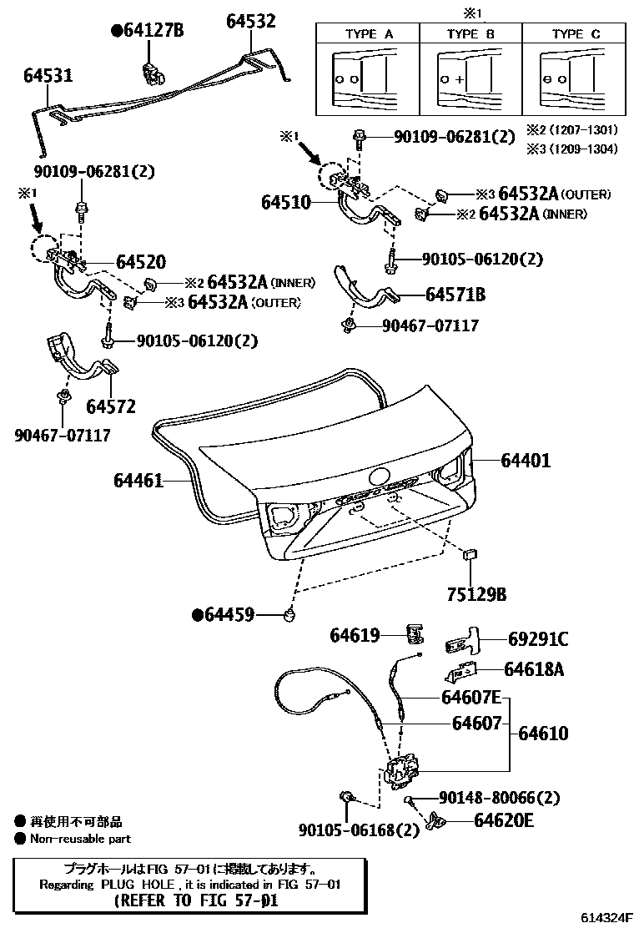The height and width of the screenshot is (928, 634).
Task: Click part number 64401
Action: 526,460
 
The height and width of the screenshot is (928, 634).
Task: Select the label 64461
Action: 138,481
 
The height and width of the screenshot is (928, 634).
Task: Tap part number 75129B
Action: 472,595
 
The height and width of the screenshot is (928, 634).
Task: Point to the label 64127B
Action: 148,32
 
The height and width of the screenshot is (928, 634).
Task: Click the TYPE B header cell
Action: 470,34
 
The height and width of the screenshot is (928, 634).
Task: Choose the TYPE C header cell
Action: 575,34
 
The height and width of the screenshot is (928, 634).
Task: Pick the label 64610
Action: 543,734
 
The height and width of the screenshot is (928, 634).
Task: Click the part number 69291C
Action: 538,640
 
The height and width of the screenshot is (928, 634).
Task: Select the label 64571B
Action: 455,295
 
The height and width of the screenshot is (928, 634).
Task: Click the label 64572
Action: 110,406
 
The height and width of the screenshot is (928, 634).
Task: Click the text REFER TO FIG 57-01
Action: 194,901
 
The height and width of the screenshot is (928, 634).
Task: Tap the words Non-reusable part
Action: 80,839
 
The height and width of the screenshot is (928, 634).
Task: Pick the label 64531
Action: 48,76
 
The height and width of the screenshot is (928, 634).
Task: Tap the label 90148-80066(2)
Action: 487,798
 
